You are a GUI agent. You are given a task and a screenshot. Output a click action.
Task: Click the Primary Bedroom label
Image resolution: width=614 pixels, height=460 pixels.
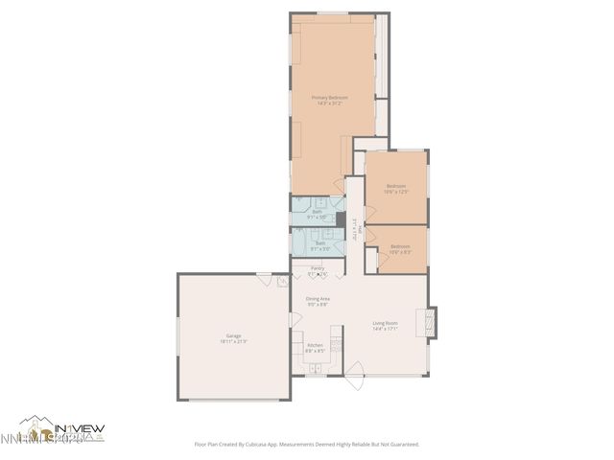pyautogui.click(x=329, y=98)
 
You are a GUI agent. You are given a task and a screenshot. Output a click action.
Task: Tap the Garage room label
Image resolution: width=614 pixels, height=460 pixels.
pyautogui.click(x=233, y=335)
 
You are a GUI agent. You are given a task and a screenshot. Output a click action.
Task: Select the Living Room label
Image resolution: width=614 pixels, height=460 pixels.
pyautogui.click(x=385, y=323)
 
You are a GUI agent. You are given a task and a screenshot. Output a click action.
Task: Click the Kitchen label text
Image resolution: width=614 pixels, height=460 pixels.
pyautogui.click(x=315, y=345)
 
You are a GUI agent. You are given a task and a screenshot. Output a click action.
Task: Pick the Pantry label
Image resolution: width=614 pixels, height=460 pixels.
pyautogui.click(x=318, y=268)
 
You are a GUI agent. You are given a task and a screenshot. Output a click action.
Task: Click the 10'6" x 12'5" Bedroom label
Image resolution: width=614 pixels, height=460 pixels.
pyautogui.click(x=396, y=186)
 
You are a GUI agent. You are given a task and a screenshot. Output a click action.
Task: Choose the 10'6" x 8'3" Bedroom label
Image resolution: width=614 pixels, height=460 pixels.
pyautogui.click(x=400, y=248)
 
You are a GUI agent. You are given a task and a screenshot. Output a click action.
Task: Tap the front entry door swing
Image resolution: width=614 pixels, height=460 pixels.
pyautogui.click(x=354, y=376)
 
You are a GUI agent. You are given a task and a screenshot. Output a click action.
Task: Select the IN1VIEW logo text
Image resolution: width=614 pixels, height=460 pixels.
pyautogui.click(x=79, y=427)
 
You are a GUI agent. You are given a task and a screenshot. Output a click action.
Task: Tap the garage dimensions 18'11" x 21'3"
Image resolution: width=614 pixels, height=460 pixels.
pyautogui.click(x=233, y=341)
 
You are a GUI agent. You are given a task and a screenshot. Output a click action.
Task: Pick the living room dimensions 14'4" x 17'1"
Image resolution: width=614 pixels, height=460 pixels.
pyautogui.click(x=385, y=329)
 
